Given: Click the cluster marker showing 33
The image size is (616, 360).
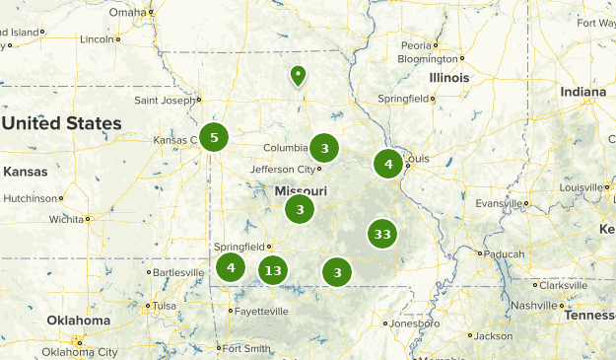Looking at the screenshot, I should point(382,235).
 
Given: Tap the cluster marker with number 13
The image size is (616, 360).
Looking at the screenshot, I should point(273,270).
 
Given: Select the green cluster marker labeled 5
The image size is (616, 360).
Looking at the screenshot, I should point(214,138).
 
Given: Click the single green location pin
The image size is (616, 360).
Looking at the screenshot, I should point(298,75).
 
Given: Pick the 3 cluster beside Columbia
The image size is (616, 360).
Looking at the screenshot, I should point(324,149).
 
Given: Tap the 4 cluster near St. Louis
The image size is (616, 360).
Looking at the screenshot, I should point(388,164).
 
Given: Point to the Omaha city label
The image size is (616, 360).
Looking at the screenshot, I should point(126,12).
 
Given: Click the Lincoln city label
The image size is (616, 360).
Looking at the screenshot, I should point(97,39).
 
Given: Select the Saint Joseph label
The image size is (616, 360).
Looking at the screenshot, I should point(165,100).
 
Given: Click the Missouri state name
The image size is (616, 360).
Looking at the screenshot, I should point(301,190).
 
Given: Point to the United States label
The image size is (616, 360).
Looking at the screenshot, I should point(61,124).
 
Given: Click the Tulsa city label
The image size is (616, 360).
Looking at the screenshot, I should point(164,306).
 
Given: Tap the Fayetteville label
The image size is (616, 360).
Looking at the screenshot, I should point(261,311).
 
